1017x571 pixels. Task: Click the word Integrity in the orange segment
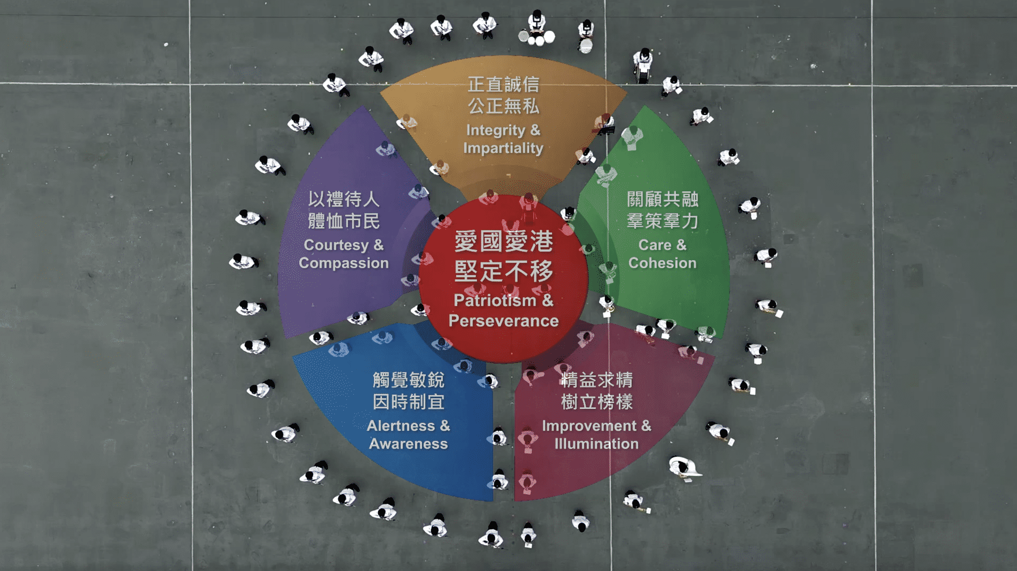click(x=496, y=130)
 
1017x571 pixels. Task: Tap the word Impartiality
click(x=503, y=148)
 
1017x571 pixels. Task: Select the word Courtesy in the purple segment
click(x=336, y=245)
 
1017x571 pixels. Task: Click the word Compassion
click(x=344, y=263)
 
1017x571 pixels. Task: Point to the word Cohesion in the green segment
click(x=662, y=263)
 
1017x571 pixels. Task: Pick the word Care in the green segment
click(x=655, y=245)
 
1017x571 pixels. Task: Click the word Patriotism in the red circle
click(x=495, y=301)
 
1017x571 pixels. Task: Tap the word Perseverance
click(x=504, y=321)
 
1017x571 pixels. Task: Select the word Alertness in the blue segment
click(x=401, y=426)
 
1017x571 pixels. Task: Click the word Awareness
click(x=408, y=444)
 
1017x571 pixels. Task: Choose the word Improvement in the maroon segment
click(x=590, y=426)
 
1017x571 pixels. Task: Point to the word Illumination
click(x=596, y=444)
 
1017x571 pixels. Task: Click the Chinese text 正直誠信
click(x=503, y=84)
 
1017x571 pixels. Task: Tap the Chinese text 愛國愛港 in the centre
click(x=504, y=242)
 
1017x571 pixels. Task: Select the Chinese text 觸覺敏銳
click(x=408, y=380)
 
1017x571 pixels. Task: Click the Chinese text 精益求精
click(x=596, y=380)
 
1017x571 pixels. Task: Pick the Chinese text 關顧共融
click(x=663, y=199)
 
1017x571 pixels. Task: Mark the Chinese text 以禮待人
click(x=344, y=199)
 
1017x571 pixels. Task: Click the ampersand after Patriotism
click(x=548, y=300)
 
